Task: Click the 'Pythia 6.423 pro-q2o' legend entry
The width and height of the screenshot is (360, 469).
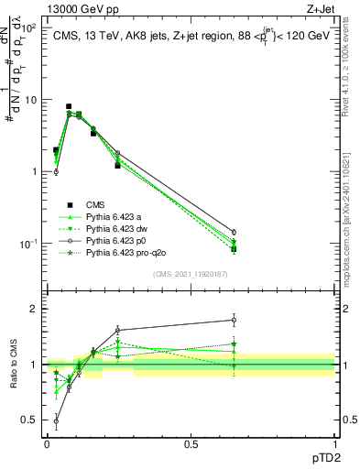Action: (125, 251)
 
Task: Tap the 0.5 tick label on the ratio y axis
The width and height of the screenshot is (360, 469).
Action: (30, 420)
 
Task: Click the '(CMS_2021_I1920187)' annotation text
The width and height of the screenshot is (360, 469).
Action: (191, 273)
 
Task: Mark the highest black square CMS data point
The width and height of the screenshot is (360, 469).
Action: (69, 106)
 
